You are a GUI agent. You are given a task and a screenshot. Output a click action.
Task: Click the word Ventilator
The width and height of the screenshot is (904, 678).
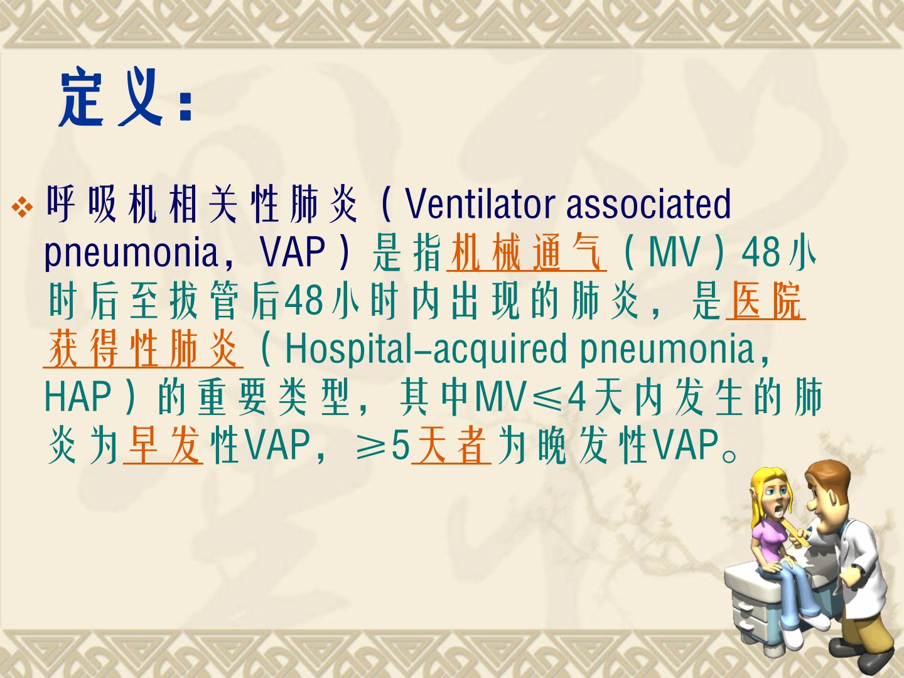pyautogui.click(x=480, y=204)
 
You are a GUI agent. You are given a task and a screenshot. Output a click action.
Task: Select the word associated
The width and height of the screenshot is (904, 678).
pyautogui.click(x=648, y=204)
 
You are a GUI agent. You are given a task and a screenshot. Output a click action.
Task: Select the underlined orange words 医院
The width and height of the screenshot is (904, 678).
pyautogui.click(x=766, y=301)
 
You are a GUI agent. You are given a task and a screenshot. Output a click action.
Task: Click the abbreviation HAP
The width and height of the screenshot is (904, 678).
pyautogui.click(x=78, y=397)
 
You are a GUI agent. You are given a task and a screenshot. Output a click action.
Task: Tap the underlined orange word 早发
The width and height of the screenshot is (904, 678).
pyautogui.click(x=163, y=446)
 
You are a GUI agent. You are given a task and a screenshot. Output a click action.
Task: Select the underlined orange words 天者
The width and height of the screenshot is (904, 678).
pyautogui.click(x=451, y=446)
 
